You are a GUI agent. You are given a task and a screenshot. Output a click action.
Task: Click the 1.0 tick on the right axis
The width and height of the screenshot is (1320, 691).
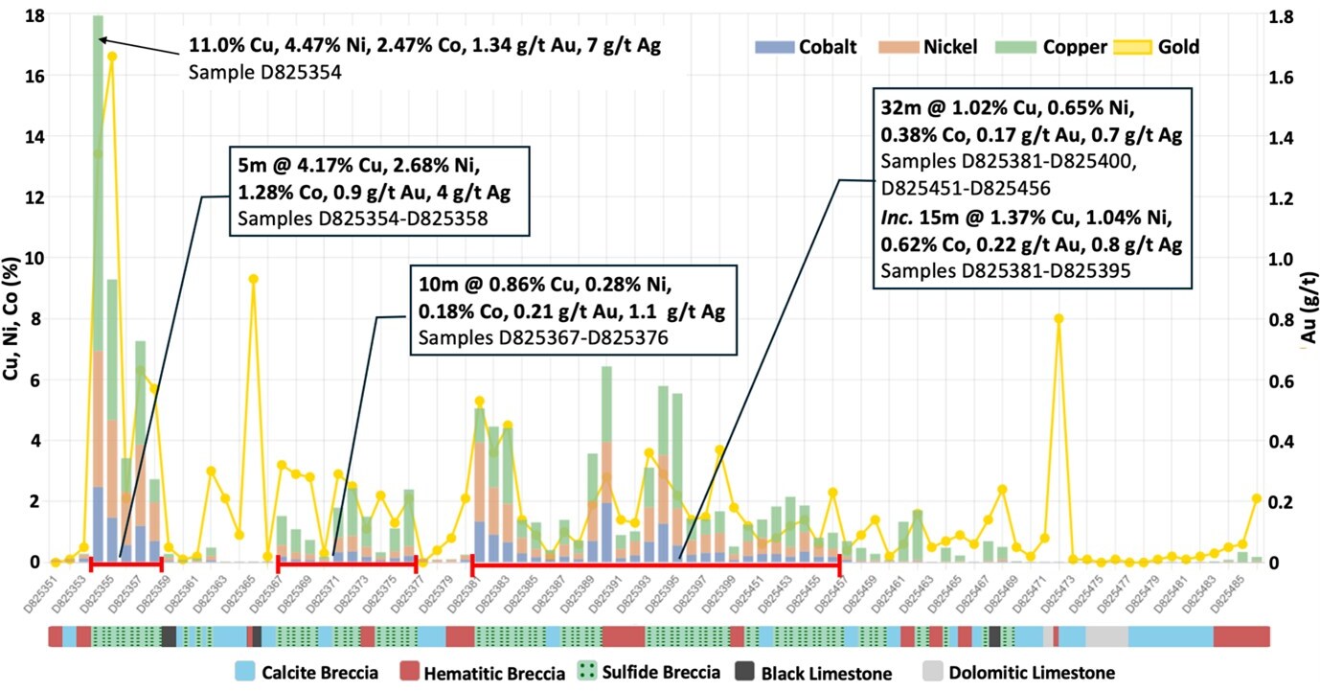coord(1283,259)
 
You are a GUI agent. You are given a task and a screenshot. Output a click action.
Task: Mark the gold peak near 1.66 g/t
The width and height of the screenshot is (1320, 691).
coord(112,57)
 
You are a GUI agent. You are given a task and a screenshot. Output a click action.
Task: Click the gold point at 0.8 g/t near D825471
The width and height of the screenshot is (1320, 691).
coord(1058,319)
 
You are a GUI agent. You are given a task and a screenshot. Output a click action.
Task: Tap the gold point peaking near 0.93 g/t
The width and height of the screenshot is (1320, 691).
coord(253,279)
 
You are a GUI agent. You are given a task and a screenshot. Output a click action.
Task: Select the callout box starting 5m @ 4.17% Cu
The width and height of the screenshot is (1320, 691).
coord(377,192)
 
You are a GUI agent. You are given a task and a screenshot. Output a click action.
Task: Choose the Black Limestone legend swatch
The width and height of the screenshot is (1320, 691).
coord(747,672)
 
